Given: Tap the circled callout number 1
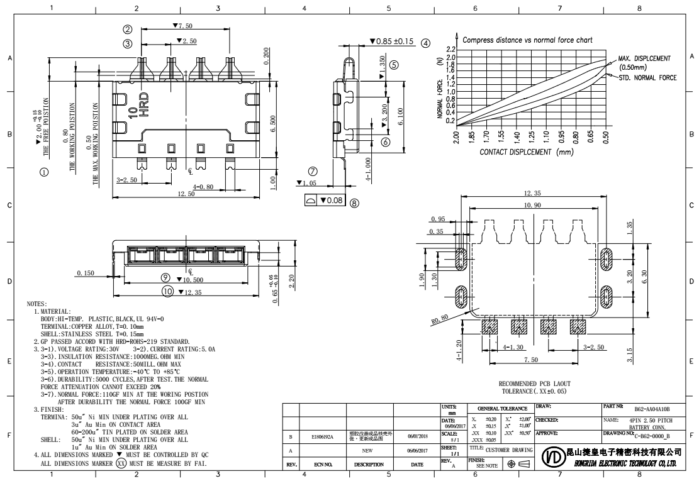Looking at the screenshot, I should [x=43, y=171].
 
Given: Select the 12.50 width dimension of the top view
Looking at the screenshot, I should [x=186, y=194].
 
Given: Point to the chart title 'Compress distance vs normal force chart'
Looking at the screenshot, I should [x=527, y=40].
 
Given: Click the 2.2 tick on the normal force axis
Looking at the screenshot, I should [x=451, y=50].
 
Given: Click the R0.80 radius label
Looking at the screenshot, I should [x=440, y=318].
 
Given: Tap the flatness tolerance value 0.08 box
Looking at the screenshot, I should [x=333, y=201].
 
